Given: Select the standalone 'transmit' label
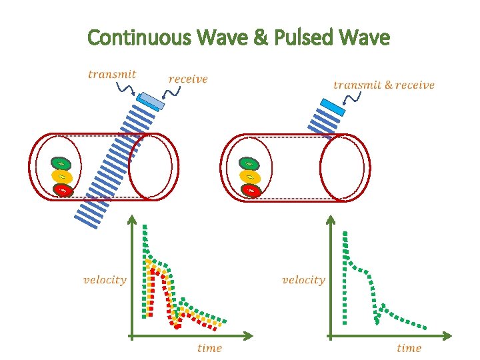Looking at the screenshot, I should point(112,74).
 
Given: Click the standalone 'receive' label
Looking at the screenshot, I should point(188,79).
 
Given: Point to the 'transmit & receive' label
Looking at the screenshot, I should point(383,85).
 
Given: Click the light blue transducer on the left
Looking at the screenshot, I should point(150,101).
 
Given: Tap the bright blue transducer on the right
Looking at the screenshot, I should point(332,107).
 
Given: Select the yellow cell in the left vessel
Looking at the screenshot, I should point(61,177).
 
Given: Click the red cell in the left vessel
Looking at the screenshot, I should point(63,190).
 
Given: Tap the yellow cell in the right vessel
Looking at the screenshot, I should point(249,177).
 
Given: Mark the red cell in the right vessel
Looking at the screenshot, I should point(251,190).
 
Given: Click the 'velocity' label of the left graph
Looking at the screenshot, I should point(105,279).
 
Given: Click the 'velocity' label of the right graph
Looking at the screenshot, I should point(303,279).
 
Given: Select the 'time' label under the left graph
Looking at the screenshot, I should point(209,347).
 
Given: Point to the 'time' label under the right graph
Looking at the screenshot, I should point(409,347).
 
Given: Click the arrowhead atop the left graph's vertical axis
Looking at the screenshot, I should point(132,219).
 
